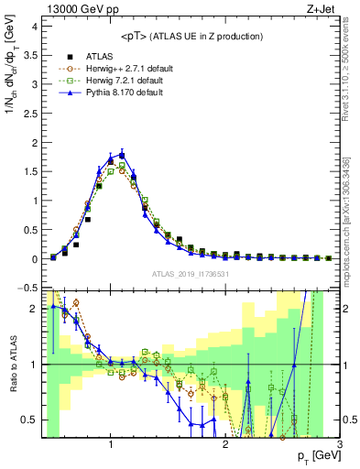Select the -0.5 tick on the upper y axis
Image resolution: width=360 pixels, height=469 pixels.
28,288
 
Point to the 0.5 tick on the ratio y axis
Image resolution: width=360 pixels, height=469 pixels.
30,420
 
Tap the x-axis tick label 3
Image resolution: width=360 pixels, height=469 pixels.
339,445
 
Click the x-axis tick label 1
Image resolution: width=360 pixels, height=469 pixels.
110,445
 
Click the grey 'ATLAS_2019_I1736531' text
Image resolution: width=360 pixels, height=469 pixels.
190,274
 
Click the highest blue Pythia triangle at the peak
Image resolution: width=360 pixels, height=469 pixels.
122,154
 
